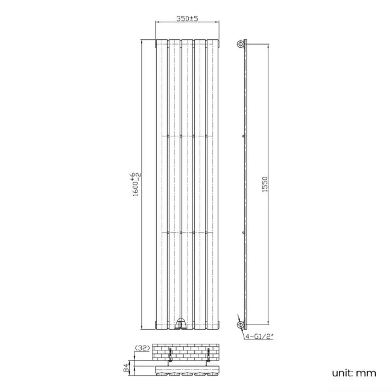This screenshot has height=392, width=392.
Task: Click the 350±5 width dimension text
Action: pos(189,19)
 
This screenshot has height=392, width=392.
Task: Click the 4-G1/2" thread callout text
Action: pos(262,338)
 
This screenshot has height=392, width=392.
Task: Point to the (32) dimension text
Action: pos(143,349)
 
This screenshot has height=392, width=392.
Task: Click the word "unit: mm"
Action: pos(354,373)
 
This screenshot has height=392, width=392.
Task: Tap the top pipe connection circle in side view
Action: pos(241,44)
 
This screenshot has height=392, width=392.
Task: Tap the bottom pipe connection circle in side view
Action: pos(241,326)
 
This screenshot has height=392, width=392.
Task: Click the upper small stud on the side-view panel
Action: pos(243,137)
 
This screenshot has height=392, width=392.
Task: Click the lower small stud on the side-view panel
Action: pos(243,232)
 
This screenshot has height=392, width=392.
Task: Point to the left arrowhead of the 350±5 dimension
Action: pos(158,24)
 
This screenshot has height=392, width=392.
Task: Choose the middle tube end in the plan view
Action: pos(189,374)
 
